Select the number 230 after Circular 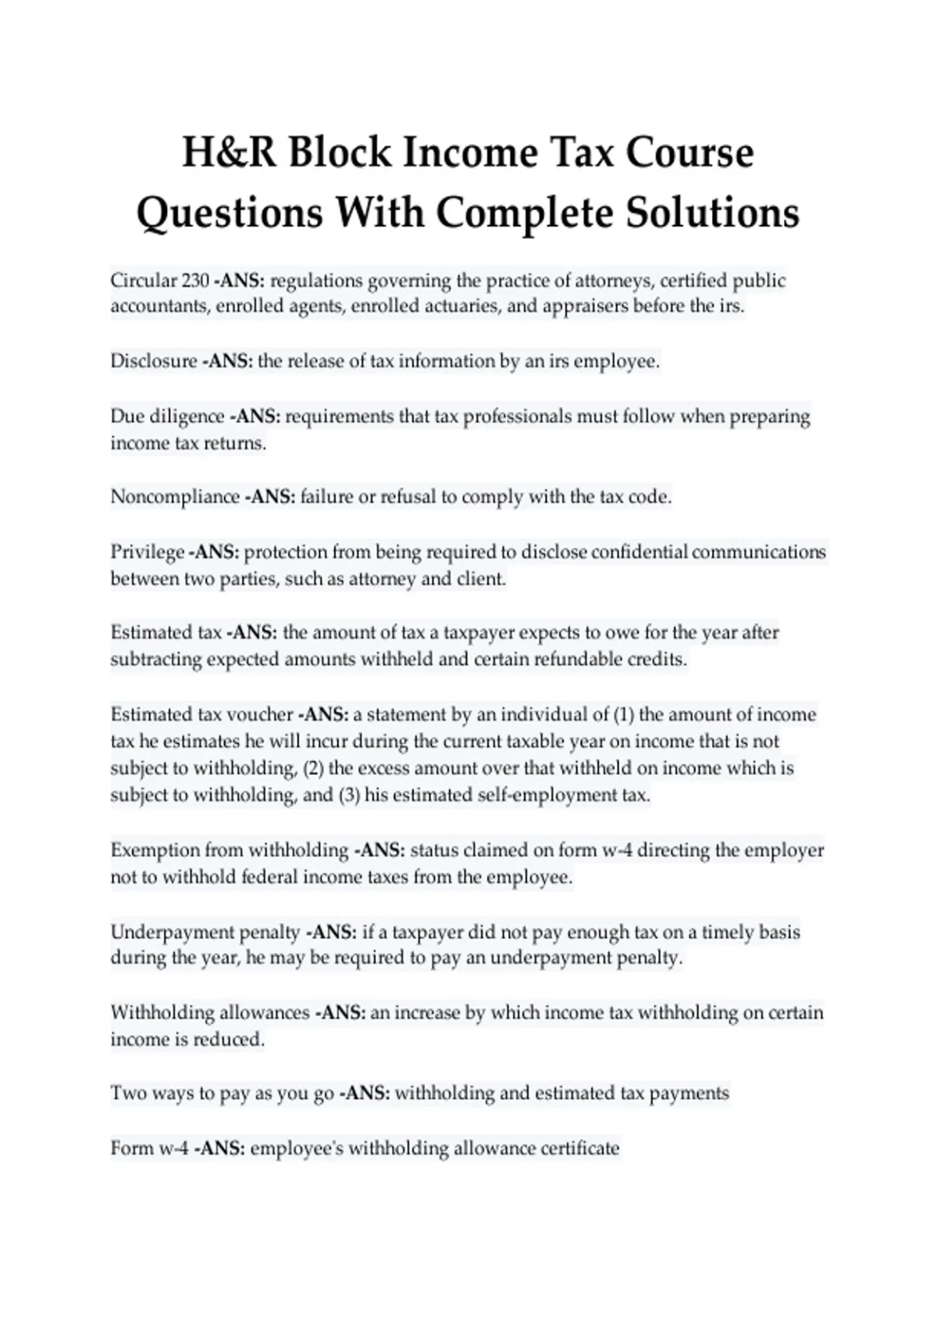point(194,280)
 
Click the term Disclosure point(154,361)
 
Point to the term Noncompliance point(175,497)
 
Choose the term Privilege point(147,553)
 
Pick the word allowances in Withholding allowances point(265,1013)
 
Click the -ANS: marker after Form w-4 point(219,1149)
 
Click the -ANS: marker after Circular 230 point(239,280)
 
